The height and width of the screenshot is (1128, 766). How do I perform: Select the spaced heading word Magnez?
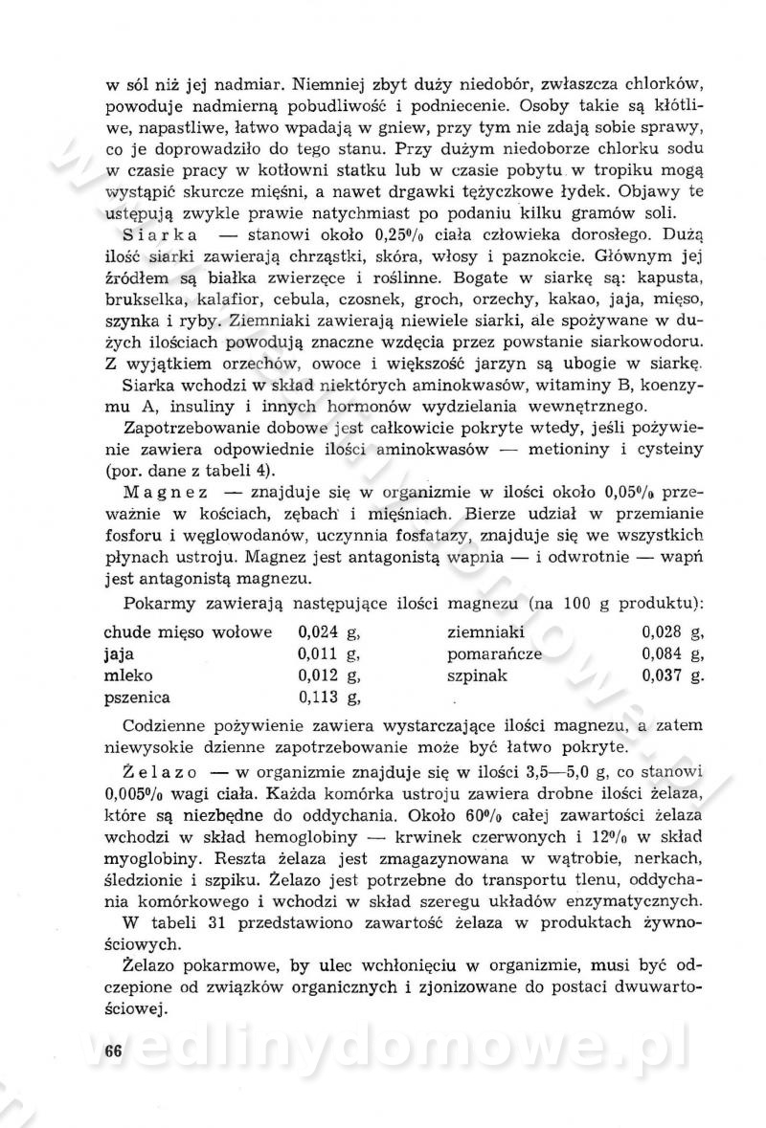click(166, 493)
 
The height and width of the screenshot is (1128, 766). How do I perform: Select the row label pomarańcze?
click(494, 653)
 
